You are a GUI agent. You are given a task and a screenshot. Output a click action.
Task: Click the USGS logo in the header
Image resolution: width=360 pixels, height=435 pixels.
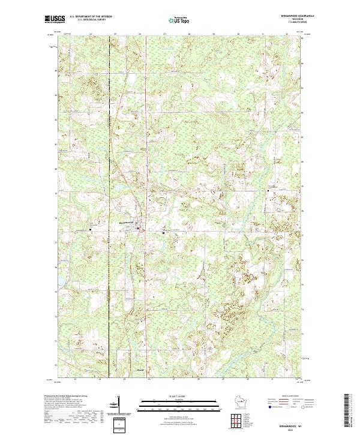pos(55,19)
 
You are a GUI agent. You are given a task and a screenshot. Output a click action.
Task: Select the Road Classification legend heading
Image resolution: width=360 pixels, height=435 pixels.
pos(291,396)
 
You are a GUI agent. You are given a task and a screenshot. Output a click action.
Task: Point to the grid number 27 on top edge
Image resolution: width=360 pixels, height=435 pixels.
pos(164,35)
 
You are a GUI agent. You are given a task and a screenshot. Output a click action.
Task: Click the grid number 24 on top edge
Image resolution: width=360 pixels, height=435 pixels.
pos(91,35)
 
